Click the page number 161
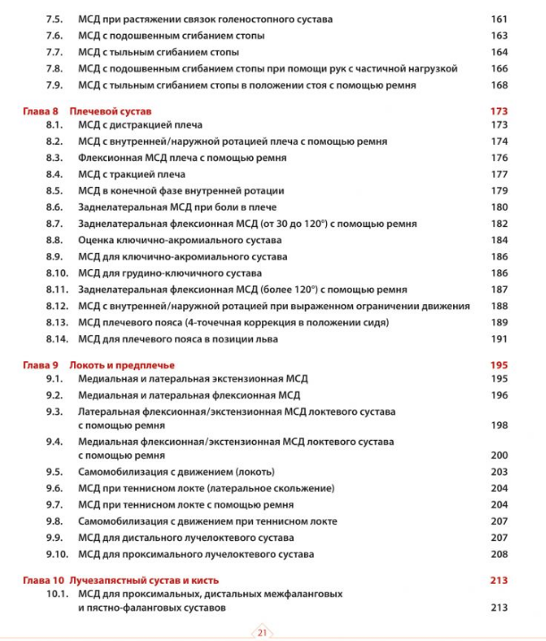[499, 19]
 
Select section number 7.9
[55, 86]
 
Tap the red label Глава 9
[40, 365]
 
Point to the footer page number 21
[264, 631]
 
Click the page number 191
[499, 339]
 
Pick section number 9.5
[55, 471]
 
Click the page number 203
[499, 471]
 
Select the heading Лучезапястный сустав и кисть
[144, 580]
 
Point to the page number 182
[499, 224]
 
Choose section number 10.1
[57, 594]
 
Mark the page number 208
[499, 554]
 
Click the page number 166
[499, 69]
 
